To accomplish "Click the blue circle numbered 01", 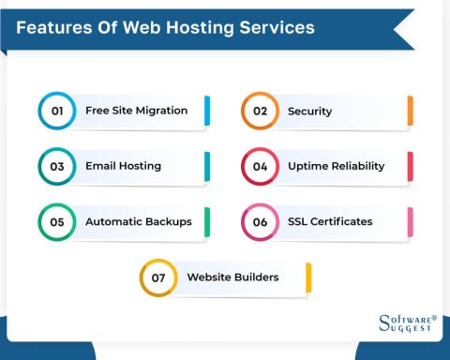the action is (x=38, y=111).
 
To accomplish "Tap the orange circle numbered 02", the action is (x=242, y=111).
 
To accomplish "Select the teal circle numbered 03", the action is (x=38, y=166).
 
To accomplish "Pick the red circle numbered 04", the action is (x=242, y=166).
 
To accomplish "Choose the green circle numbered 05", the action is (x=38, y=222).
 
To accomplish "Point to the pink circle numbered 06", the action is (x=242, y=222).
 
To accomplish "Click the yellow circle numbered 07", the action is (x=141, y=277).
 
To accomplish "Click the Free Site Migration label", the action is (x=137, y=111).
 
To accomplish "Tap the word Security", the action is (x=310, y=112).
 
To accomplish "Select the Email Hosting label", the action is (x=124, y=166).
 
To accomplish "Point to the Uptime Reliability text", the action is (x=337, y=166).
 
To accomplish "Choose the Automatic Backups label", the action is (x=139, y=221).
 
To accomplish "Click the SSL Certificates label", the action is (x=330, y=221).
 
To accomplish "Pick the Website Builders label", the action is (x=233, y=277).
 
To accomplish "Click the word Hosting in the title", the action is (x=200, y=28).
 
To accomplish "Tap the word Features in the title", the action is (x=54, y=27).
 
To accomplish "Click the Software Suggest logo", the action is (x=408, y=323).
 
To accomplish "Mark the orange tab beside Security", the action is (x=411, y=111).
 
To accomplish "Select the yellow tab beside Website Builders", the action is (x=308, y=277).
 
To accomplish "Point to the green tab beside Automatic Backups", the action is (x=207, y=222).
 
